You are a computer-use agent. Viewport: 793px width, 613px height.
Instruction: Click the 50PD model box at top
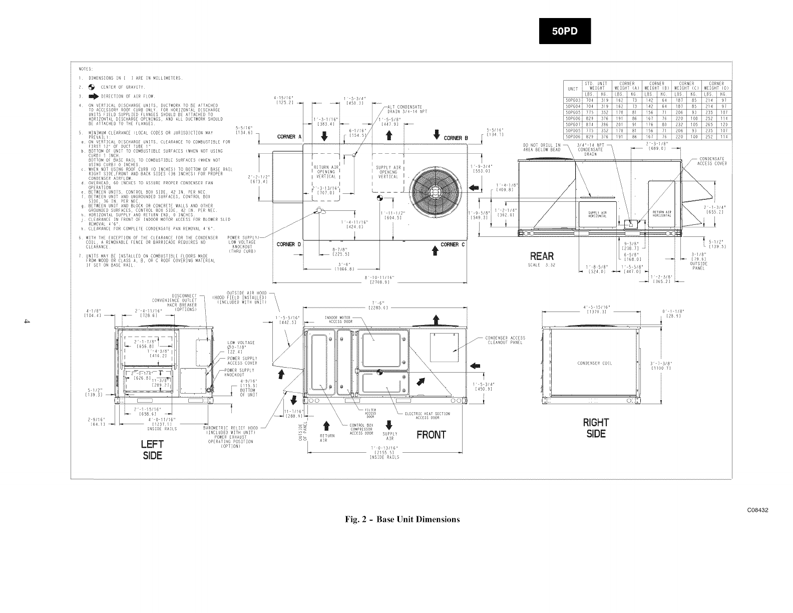click(564, 31)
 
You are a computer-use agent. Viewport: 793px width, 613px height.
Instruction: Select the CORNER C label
click(453, 245)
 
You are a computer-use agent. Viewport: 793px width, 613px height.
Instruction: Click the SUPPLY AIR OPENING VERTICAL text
click(388, 172)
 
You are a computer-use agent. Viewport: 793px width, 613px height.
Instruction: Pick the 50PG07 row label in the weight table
click(572, 124)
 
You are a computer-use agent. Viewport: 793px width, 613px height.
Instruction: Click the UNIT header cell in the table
click(572, 89)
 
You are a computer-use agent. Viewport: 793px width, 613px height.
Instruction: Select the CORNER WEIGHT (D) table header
click(716, 86)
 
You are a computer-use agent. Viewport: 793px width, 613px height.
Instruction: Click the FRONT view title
click(431, 435)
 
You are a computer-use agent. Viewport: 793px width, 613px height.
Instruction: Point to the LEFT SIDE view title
click(153, 450)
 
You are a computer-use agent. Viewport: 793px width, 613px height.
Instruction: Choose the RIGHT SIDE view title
click(596, 428)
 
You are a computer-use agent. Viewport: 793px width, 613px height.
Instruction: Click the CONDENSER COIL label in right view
click(594, 363)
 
